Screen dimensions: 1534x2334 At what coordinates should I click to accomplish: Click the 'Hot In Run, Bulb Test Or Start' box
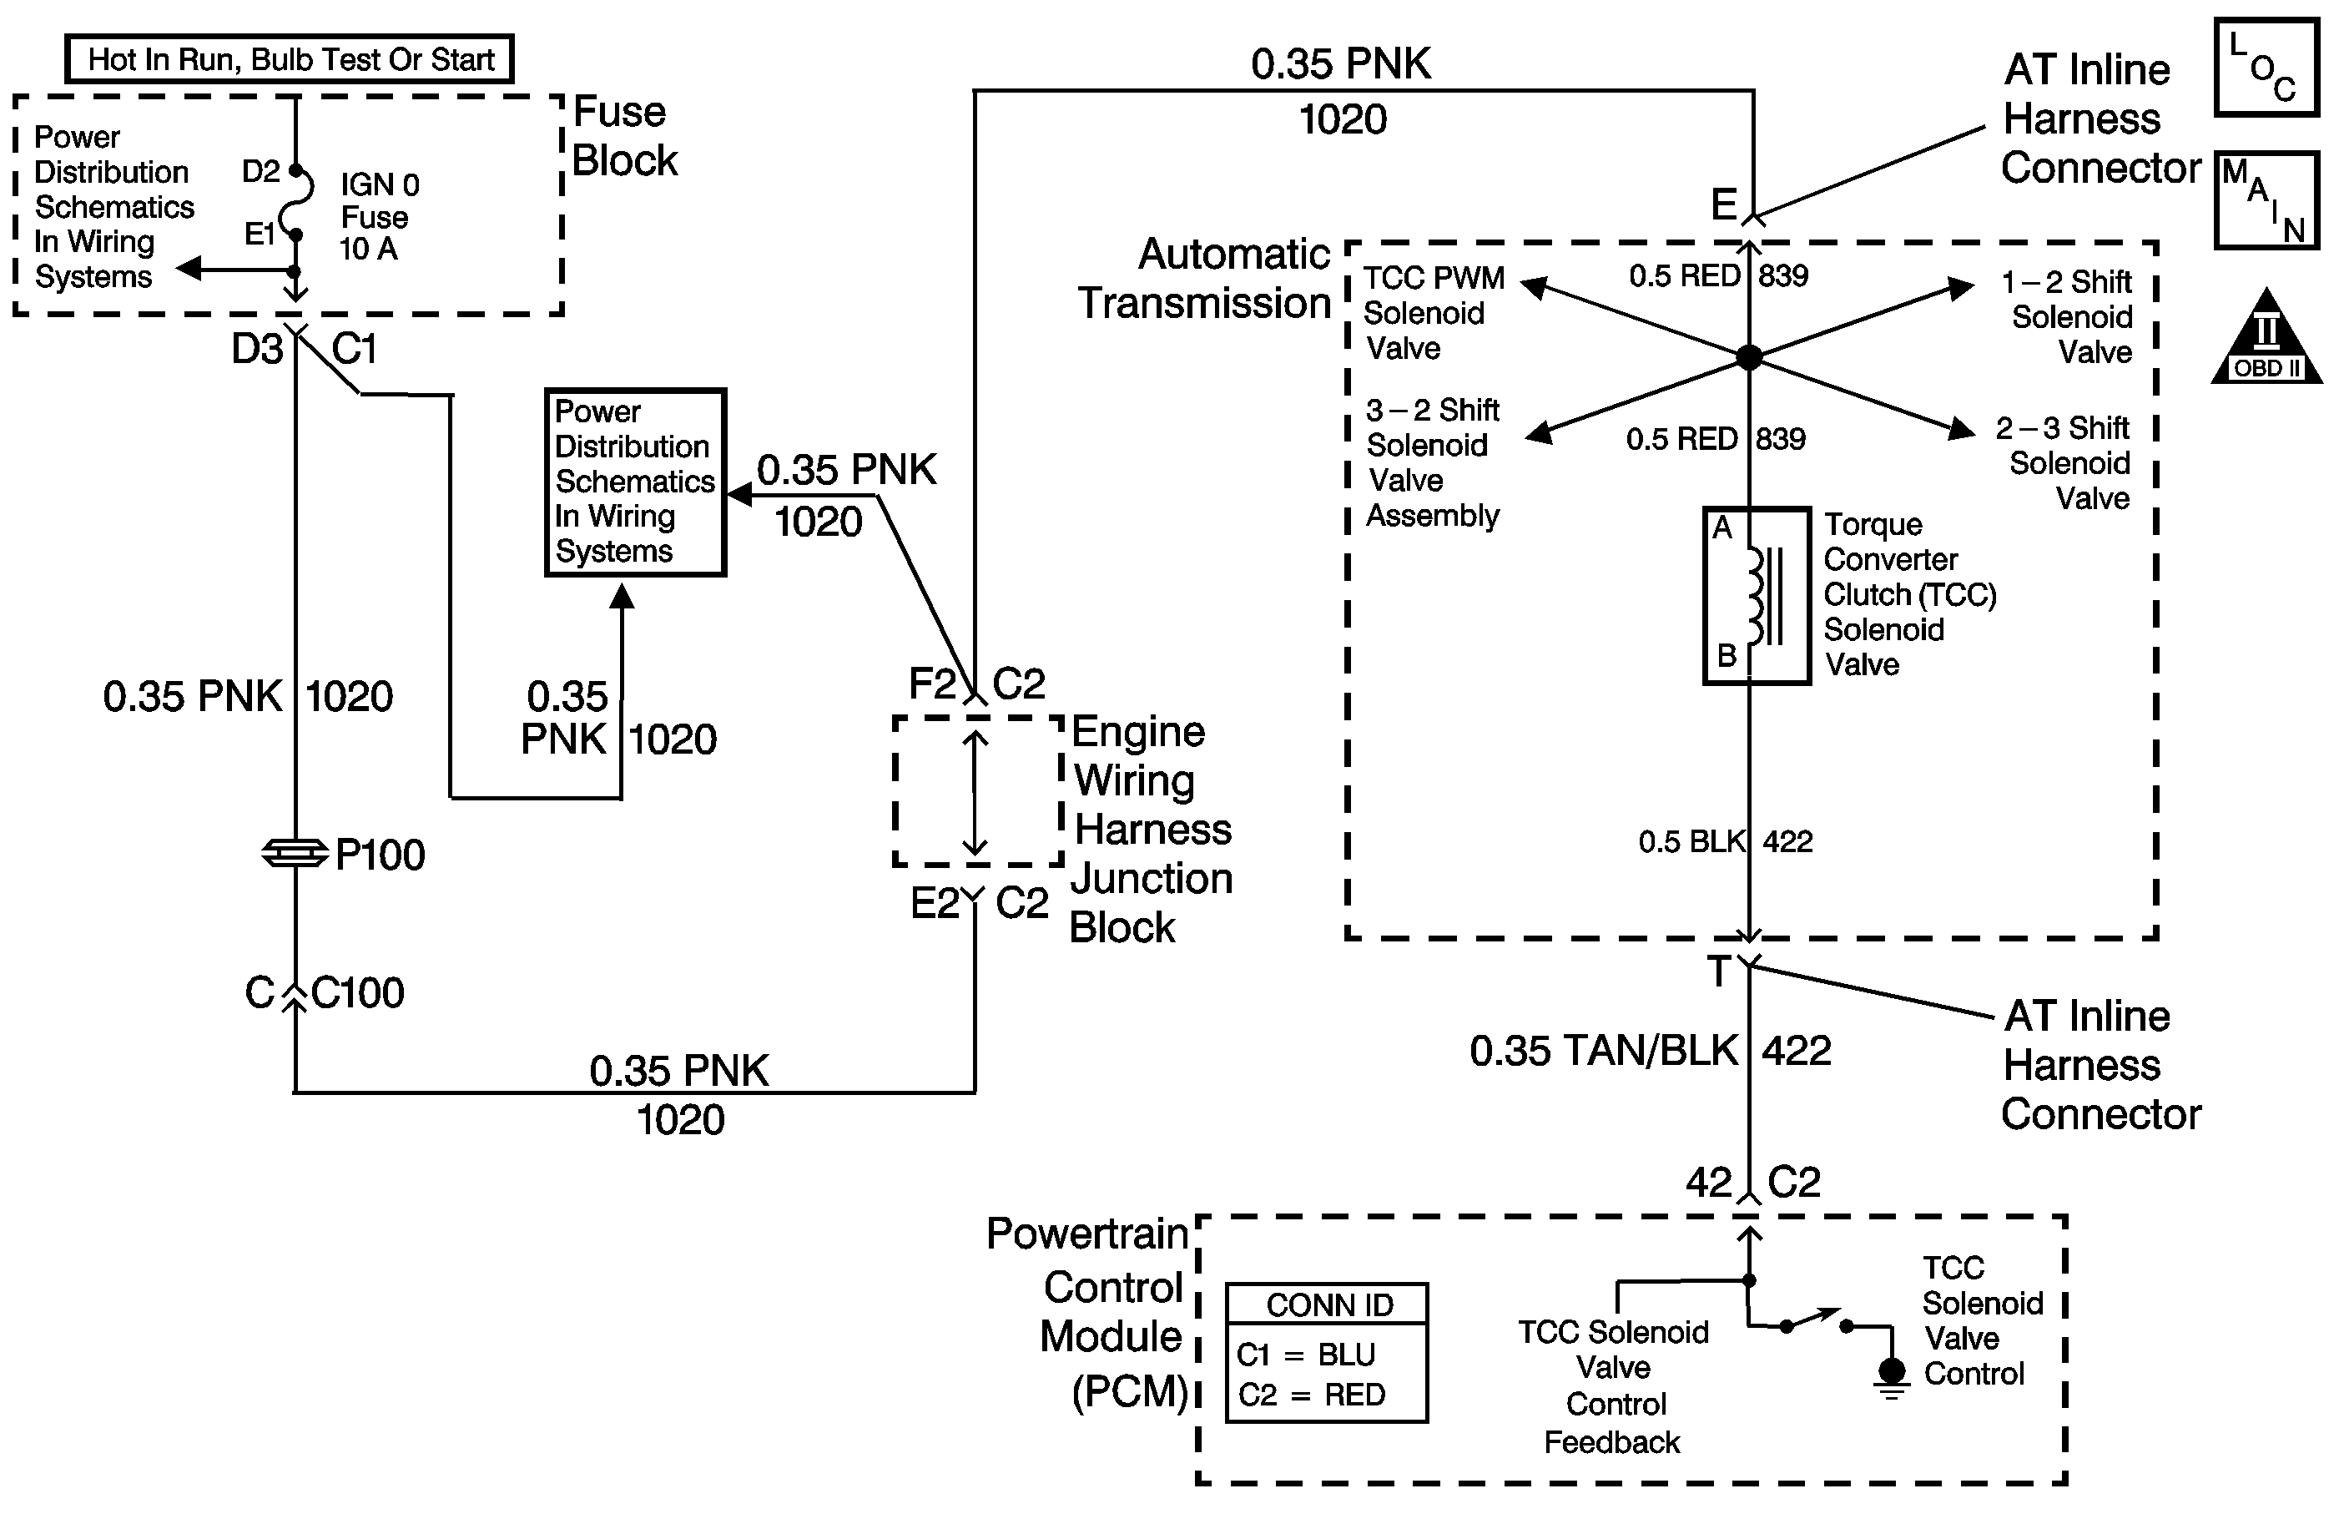click(290, 60)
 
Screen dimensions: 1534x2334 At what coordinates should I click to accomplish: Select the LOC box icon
click(2266, 67)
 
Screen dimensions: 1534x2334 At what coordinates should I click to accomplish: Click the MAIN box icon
click(2266, 199)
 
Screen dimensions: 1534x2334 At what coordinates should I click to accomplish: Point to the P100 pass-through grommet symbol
click(295, 853)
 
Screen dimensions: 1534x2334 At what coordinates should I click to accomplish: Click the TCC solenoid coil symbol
click(1757, 595)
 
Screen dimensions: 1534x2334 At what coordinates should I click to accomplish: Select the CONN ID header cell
click(1328, 1304)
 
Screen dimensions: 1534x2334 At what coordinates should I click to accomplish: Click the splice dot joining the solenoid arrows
click(1748, 357)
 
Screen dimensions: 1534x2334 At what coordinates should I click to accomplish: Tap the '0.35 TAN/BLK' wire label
click(1603, 1051)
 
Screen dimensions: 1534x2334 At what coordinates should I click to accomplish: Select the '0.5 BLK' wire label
click(1691, 841)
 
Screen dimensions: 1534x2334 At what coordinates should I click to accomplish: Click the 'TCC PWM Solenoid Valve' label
click(1433, 313)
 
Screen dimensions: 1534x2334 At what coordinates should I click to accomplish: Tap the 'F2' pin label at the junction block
click(931, 684)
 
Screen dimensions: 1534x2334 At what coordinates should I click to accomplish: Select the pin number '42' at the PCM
click(1708, 1182)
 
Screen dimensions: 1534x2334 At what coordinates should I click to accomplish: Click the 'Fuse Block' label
click(623, 136)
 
